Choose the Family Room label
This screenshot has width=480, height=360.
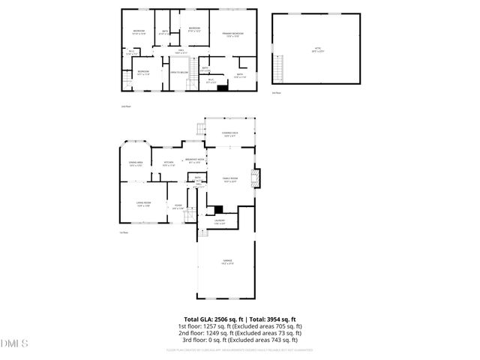pyautogui.click(x=229, y=179)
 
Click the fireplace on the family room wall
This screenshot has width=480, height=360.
pyautogui.click(x=257, y=177)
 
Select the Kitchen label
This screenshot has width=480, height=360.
pyautogui.click(x=169, y=164)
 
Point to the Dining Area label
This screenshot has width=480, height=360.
pyautogui.click(x=136, y=164)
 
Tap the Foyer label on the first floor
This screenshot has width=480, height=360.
pyautogui.click(x=178, y=207)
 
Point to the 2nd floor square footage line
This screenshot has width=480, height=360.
pyautogui.click(x=240, y=334)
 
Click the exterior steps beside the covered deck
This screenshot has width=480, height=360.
pyautogui.click(x=199, y=130)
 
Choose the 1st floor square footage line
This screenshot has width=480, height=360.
pyautogui.click(x=240, y=327)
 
